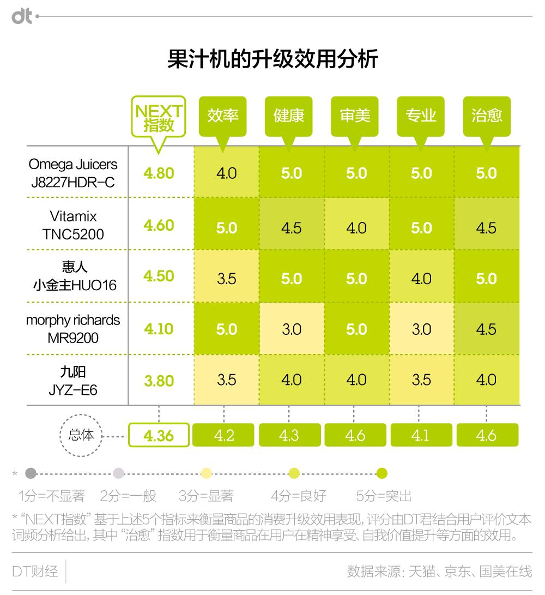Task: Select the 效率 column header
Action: pyautogui.click(x=223, y=116)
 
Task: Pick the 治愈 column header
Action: pyautogui.click(x=487, y=116)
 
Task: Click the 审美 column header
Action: pyautogui.click(x=355, y=116)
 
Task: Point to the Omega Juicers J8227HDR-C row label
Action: pyautogui.click(x=73, y=173)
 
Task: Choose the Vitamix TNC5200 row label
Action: pyautogui.click(x=73, y=225)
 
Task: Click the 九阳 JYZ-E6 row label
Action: pyautogui.click(x=73, y=381)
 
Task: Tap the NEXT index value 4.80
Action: pyautogui.click(x=159, y=173)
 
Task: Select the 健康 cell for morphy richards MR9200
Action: pyautogui.click(x=291, y=329)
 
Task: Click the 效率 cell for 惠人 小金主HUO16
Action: pyautogui.click(x=226, y=279)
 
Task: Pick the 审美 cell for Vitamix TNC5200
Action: pyautogui.click(x=356, y=227)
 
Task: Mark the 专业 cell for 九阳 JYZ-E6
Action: pyautogui.click(x=421, y=380)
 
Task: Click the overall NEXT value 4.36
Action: pyautogui.click(x=159, y=436)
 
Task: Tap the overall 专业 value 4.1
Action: pyautogui.click(x=421, y=435)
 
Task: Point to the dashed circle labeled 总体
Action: pyautogui.click(x=81, y=435)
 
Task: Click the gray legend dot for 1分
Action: pyautogui.click(x=31, y=473)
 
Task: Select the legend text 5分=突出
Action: pyautogui.click(x=384, y=496)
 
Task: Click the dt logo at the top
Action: pyautogui.click(x=22, y=16)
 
